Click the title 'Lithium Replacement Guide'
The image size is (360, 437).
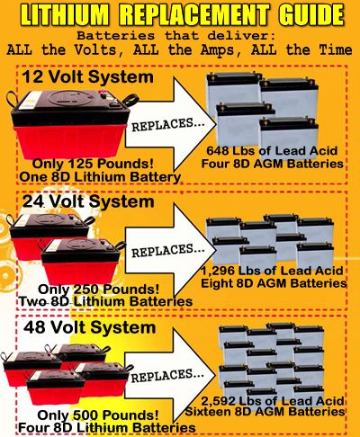point(180,15)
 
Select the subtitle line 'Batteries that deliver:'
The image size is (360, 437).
point(180,34)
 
